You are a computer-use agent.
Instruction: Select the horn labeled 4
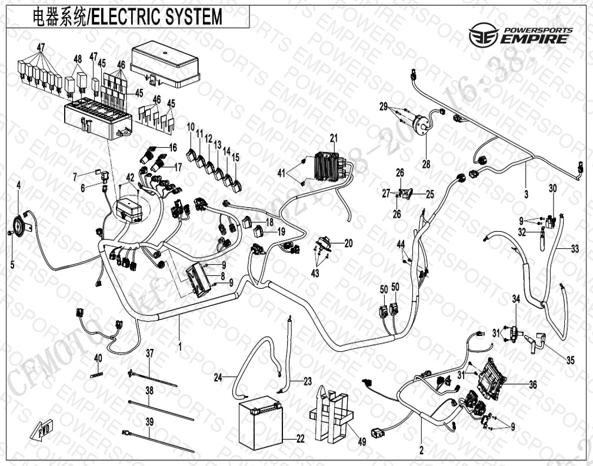[x=20, y=224]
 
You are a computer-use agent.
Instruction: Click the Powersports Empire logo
[x=519, y=35]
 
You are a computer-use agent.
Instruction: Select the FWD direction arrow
[x=40, y=429]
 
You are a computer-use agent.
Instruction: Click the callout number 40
[x=98, y=358]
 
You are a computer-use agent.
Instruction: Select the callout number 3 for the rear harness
[x=527, y=194]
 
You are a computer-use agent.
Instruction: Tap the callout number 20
[x=348, y=244]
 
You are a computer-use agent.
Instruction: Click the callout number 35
[x=569, y=361]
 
